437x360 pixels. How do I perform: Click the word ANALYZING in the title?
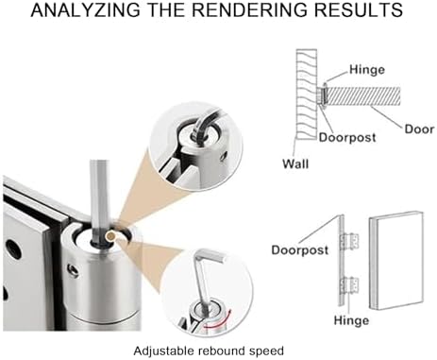(86, 9)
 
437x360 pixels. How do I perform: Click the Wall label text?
(295, 164)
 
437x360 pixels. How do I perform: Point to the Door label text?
(419, 129)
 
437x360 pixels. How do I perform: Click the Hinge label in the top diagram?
(367, 69)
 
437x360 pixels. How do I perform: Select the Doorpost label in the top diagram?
(347, 137)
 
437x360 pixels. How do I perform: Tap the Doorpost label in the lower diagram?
(300, 249)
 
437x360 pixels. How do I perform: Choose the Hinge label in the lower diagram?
(351, 320)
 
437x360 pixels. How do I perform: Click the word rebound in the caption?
(223, 351)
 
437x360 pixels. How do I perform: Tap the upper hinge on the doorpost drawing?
(350, 241)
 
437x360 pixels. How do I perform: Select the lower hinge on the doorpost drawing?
(350, 284)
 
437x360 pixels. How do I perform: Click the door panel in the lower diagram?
(395, 261)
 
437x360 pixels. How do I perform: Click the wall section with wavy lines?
(306, 94)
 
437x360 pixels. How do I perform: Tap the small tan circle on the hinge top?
(110, 235)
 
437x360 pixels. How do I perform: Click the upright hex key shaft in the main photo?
(99, 201)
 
